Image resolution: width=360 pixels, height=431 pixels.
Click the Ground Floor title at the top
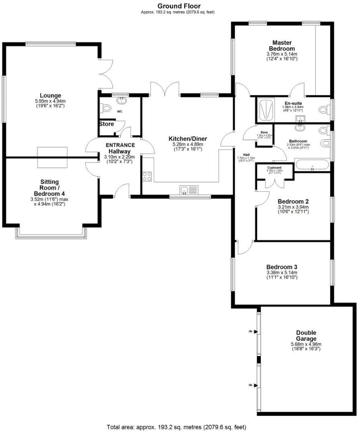point(179,6)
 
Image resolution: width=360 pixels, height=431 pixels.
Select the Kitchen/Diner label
point(188,139)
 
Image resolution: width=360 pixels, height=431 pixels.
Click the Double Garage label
point(306,336)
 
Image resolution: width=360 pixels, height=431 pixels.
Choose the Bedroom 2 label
point(293,201)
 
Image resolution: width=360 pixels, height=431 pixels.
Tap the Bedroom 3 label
point(282,267)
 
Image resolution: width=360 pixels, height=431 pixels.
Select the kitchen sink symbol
point(189,190)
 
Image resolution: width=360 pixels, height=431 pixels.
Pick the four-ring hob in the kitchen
point(147,176)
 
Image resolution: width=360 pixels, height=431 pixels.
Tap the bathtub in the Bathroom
point(312,165)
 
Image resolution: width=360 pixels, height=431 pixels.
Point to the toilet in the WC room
point(106,108)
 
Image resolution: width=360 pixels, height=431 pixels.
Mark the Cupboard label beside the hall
point(274,167)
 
